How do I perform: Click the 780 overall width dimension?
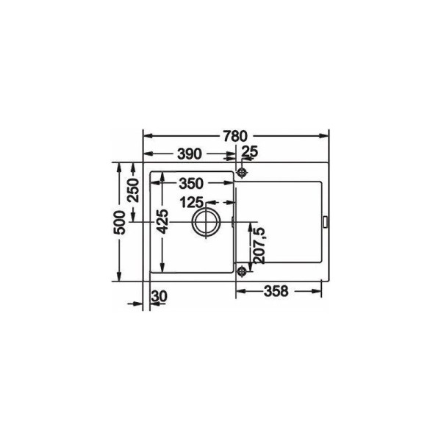coord(235,136)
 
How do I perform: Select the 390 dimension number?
coord(190,154)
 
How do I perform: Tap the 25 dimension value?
coord(250,152)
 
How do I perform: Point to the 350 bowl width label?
coord(191,184)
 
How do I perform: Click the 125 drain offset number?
coord(191,202)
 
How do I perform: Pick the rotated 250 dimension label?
coord(133,190)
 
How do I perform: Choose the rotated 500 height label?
coord(119,223)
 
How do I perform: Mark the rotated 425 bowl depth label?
coord(162,222)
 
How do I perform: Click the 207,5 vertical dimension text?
coord(259,245)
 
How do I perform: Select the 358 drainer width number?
coord(276,291)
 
